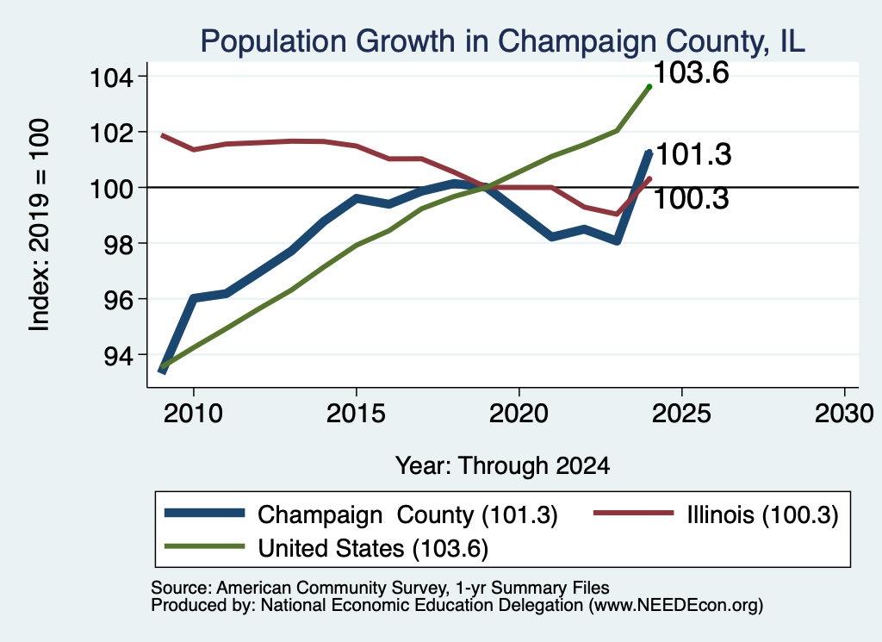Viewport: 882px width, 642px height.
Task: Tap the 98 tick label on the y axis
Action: click(x=119, y=244)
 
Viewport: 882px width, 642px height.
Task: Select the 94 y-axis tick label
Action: click(x=119, y=356)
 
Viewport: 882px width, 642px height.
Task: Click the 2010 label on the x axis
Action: click(x=193, y=414)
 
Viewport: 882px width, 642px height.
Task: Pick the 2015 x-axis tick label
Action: click(x=356, y=414)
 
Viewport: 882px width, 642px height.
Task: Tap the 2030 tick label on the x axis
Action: click(x=844, y=414)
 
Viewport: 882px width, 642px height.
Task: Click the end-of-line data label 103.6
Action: click(x=692, y=72)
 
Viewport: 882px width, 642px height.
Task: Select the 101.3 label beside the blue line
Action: click(x=693, y=154)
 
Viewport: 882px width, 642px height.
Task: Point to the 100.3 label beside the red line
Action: click(x=692, y=198)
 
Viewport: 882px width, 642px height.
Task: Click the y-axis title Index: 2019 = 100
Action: click(x=40, y=225)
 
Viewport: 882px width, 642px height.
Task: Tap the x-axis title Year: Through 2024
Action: click(x=502, y=466)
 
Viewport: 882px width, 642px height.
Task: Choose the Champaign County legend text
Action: click(x=407, y=514)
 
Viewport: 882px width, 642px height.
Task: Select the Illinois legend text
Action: click(x=762, y=514)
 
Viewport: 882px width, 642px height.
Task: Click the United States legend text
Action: click(x=373, y=548)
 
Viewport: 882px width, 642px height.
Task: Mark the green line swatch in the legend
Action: click(x=205, y=546)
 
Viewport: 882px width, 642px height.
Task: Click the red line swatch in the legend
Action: click(x=634, y=513)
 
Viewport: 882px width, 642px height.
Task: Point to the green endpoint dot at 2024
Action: click(x=649, y=87)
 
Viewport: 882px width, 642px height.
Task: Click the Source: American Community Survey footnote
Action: click(x=380, y=588)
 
